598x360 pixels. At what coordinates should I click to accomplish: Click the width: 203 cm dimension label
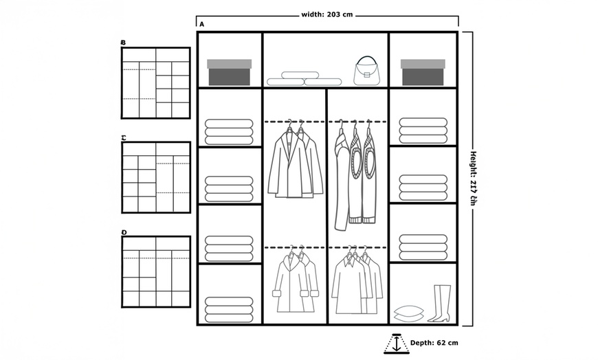pyautogui.click(x=328, y=14)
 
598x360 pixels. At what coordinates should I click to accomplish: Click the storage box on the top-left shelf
pyautogui.click(x=230, y=72)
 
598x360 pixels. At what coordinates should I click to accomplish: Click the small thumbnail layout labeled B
pyautogui.click(x=156, y=83)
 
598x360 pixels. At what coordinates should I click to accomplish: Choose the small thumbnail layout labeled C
pyautogui.click(x=156, y=177)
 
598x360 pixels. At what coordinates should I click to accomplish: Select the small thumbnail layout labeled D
pyautogui.click(x=156, y=271)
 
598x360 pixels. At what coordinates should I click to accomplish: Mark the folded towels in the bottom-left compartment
pyautogui.click(x=229, y=310)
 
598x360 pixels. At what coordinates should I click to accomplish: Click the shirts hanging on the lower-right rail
pyautogui.click(x=357, y=282)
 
